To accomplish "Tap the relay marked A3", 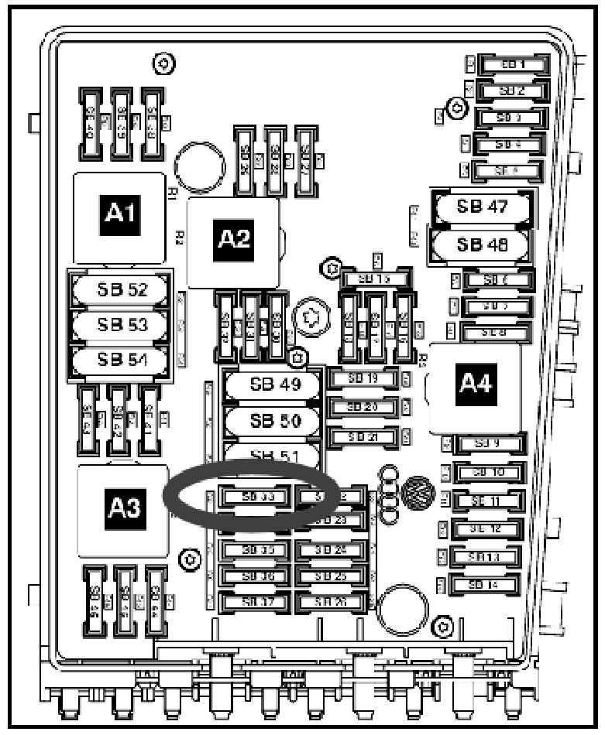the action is tap(122, 508).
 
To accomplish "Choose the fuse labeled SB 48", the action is tap(481, 245).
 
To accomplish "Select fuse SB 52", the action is tap(121, 291).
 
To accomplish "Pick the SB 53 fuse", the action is tap(121, 325).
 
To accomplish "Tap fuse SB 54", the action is tap(121, 360).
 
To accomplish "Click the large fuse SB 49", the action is tap(273, 385).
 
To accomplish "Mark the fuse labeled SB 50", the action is tap(273, 421).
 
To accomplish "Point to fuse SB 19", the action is tap(362, 379).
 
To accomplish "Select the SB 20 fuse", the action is tap(362, 407).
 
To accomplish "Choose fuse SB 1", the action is tap(512, 65).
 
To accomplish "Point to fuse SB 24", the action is tap(331, 550).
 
